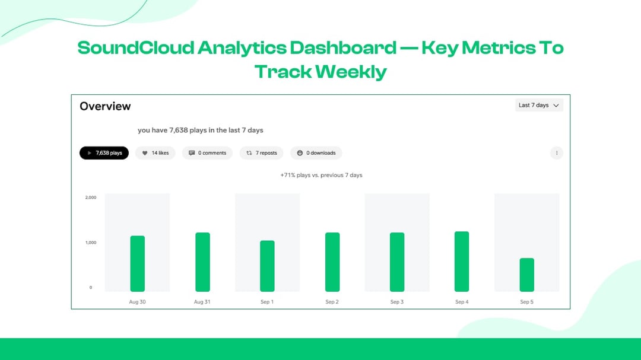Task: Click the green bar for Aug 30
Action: tap(137, 264)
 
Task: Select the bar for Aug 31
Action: tap(202, 262)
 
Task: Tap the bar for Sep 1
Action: tap(267, 266)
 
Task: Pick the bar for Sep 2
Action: tap(332, 262)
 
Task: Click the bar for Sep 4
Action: tap(462, 262)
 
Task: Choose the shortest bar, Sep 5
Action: tap(526, 275)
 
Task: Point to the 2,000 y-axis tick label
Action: tap(91, 197)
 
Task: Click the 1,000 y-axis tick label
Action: tap(91, 243)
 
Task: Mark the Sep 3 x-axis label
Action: tap(397, 302)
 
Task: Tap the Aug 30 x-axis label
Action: tap(137, 302)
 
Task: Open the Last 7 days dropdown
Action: tap(539, 105)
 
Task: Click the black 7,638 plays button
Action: tap(104, 153)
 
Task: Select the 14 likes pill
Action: tap(156, 153)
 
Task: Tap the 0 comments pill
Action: tap(207, 153)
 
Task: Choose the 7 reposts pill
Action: tap(262, 153)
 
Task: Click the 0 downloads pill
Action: tap(316, 153)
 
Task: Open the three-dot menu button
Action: tap(557, 153)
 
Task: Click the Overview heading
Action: tap(105, 106)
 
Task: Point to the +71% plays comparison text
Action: tap(321, 176)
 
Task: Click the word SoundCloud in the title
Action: tap(136, 47)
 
